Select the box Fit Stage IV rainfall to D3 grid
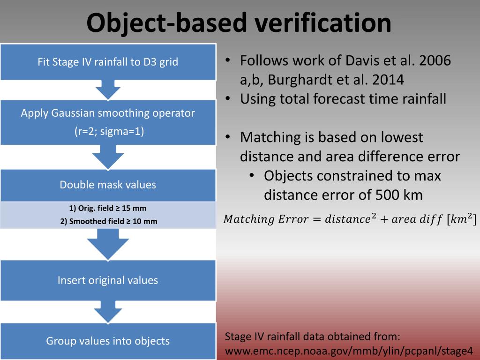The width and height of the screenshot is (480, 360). [108, 62]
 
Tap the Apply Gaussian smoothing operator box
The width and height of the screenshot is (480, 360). [108, 122]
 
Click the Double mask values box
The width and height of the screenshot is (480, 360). [108, 185]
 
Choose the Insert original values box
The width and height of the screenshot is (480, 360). [108, 280]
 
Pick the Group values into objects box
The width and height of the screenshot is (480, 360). [108, 341]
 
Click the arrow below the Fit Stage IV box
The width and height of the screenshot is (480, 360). [108, 90]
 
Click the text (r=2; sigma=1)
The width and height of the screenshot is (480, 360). [109, 131]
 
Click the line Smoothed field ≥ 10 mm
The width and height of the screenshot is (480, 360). [108, 221]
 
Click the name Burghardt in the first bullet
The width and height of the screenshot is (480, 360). [300, 80]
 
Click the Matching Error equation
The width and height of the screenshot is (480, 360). [350, 219]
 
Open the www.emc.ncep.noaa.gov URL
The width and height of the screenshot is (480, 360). [349, 351]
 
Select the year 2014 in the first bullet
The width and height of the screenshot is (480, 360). [388, 80]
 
